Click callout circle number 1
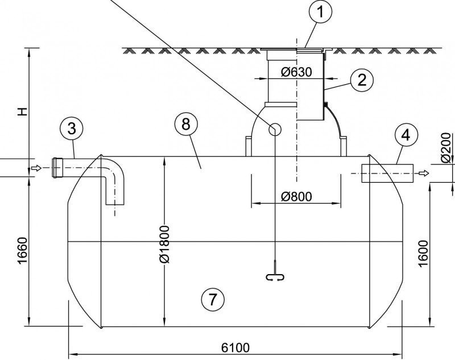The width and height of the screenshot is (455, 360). click(320, 11)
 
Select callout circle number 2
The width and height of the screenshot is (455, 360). click(362, 80)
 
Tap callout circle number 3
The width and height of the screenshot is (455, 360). click(72, 129)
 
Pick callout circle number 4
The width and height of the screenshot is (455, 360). click(406, 135)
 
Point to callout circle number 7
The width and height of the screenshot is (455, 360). click(213, 299)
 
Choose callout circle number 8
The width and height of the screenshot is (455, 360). click(186, 124)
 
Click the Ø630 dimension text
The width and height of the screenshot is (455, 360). click(296, 72)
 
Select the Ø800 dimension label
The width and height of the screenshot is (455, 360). click(296, 197)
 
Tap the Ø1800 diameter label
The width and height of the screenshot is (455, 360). click(165, 244)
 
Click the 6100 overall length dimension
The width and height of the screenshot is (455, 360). click(235, 347)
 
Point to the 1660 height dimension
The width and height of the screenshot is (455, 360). click(23, 251)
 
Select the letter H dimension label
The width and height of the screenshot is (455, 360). click(22, 111)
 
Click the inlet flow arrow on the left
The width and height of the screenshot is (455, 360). click(36, 168)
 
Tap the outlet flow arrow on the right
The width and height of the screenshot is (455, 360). click(424, 173)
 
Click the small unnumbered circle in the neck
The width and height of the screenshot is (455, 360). click(275, 129)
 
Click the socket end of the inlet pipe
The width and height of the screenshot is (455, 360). click(57, 167)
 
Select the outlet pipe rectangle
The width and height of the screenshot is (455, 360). click(387, 173)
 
